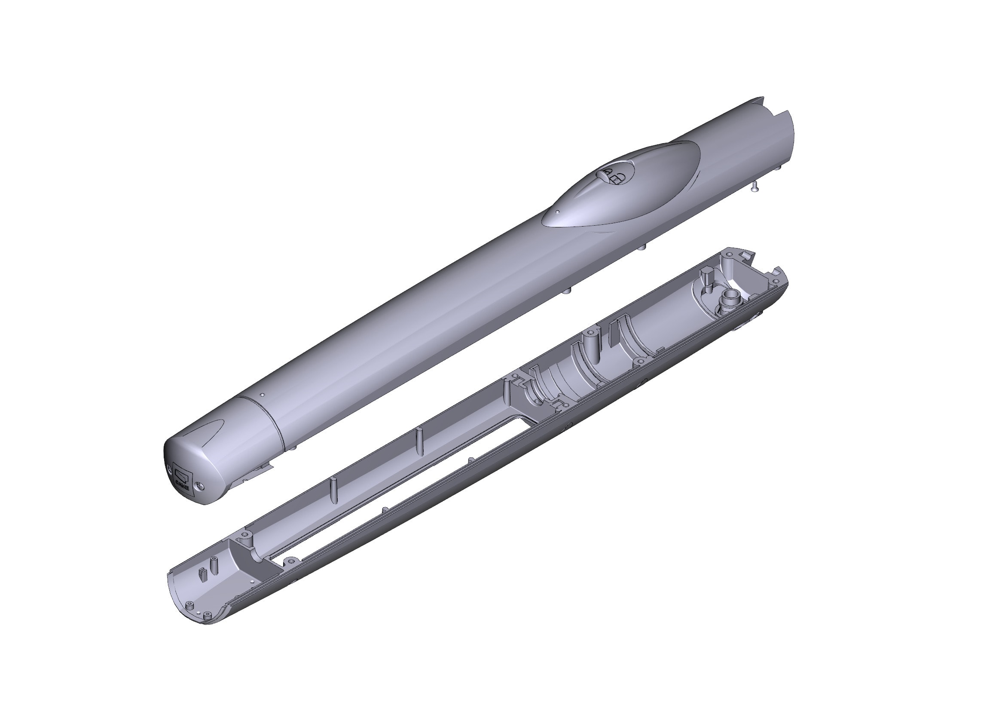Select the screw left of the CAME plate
[x=169, y=467]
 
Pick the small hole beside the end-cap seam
[x=262, y=395]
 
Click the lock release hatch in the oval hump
[x=614, y=175]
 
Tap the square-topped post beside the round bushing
[x=707, y=277]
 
